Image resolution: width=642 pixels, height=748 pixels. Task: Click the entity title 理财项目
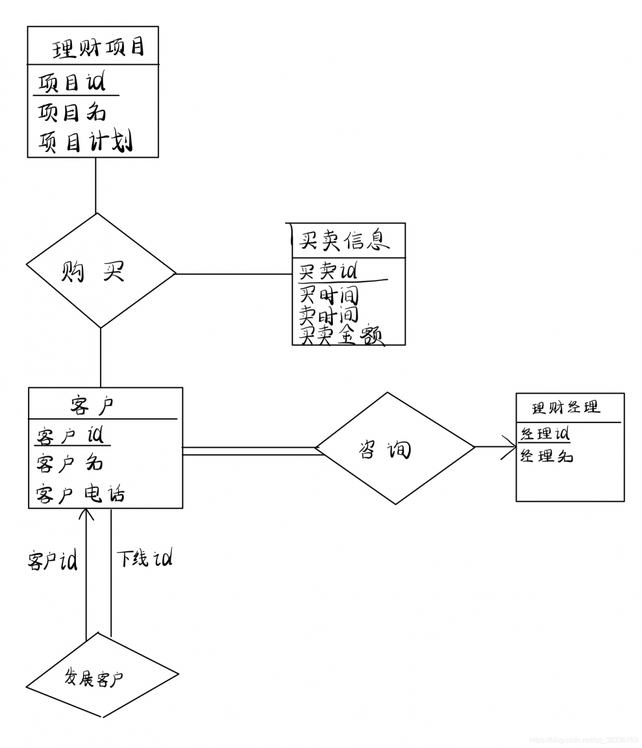(x=98, y=47)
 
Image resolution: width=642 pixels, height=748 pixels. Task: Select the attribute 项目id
(x=71, y=82)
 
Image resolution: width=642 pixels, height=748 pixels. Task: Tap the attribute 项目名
(x=71, y=112)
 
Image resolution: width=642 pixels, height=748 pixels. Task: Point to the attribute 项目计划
(x=85, y=141)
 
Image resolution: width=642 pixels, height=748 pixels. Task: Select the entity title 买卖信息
(x=345, y=240)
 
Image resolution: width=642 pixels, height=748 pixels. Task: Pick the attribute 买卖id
(x=328, y=271)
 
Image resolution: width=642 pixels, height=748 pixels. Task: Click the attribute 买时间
(x=328, y=294)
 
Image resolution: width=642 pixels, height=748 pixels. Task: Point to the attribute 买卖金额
(x=341, y=336)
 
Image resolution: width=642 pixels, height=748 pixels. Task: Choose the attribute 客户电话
(x=80, y=494)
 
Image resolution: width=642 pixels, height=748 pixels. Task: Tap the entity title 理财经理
(x=566, y=407)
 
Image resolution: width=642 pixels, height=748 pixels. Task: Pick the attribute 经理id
(x=544, y=434)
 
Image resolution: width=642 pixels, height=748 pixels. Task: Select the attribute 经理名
(x=546, y=456)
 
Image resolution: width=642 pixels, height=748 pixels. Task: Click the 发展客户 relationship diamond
(x=102, y=678)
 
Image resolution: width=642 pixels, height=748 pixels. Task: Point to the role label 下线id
(x=144, y=559)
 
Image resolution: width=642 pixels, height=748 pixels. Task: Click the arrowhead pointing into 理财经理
(x=512, y=448)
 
